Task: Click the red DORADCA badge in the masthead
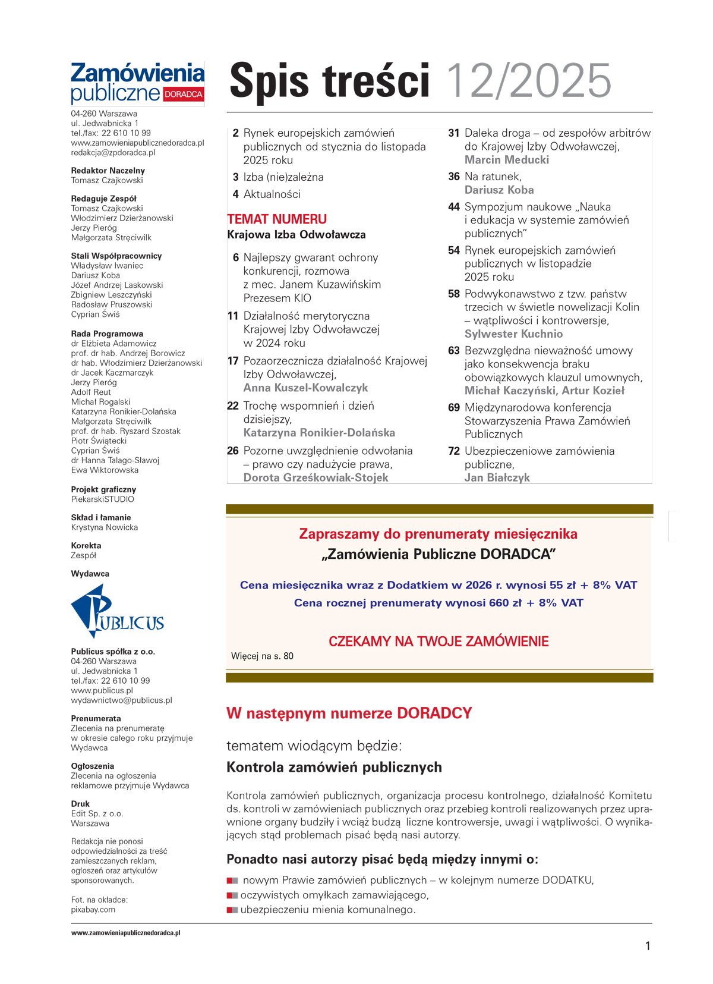tap(183, 95)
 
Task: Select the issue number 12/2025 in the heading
tap(528, 81)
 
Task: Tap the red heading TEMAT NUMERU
tap(277, 219)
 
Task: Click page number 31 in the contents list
tap(454, 133)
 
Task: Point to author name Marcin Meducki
tap(507, 160)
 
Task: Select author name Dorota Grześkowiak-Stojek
tap(316, 477)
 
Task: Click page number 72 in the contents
tap(454, 451)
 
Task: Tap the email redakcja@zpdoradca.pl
tap(113, 153)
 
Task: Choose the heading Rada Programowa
tap(107, 334)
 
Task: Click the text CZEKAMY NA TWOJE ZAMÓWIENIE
tap(438, 642)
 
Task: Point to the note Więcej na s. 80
tap(262, 656)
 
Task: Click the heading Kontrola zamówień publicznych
tap(334, 767)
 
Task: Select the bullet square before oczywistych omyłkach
tap(232, 895)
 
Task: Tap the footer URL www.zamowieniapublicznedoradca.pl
tap(126, 933)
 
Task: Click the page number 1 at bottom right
tap(648, 946)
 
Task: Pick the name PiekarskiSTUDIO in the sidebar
tap(103, 499)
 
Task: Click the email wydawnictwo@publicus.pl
tap(121, 700)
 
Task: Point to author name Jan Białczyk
tap(497, 477)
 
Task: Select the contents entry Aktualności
tap(272, 194)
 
